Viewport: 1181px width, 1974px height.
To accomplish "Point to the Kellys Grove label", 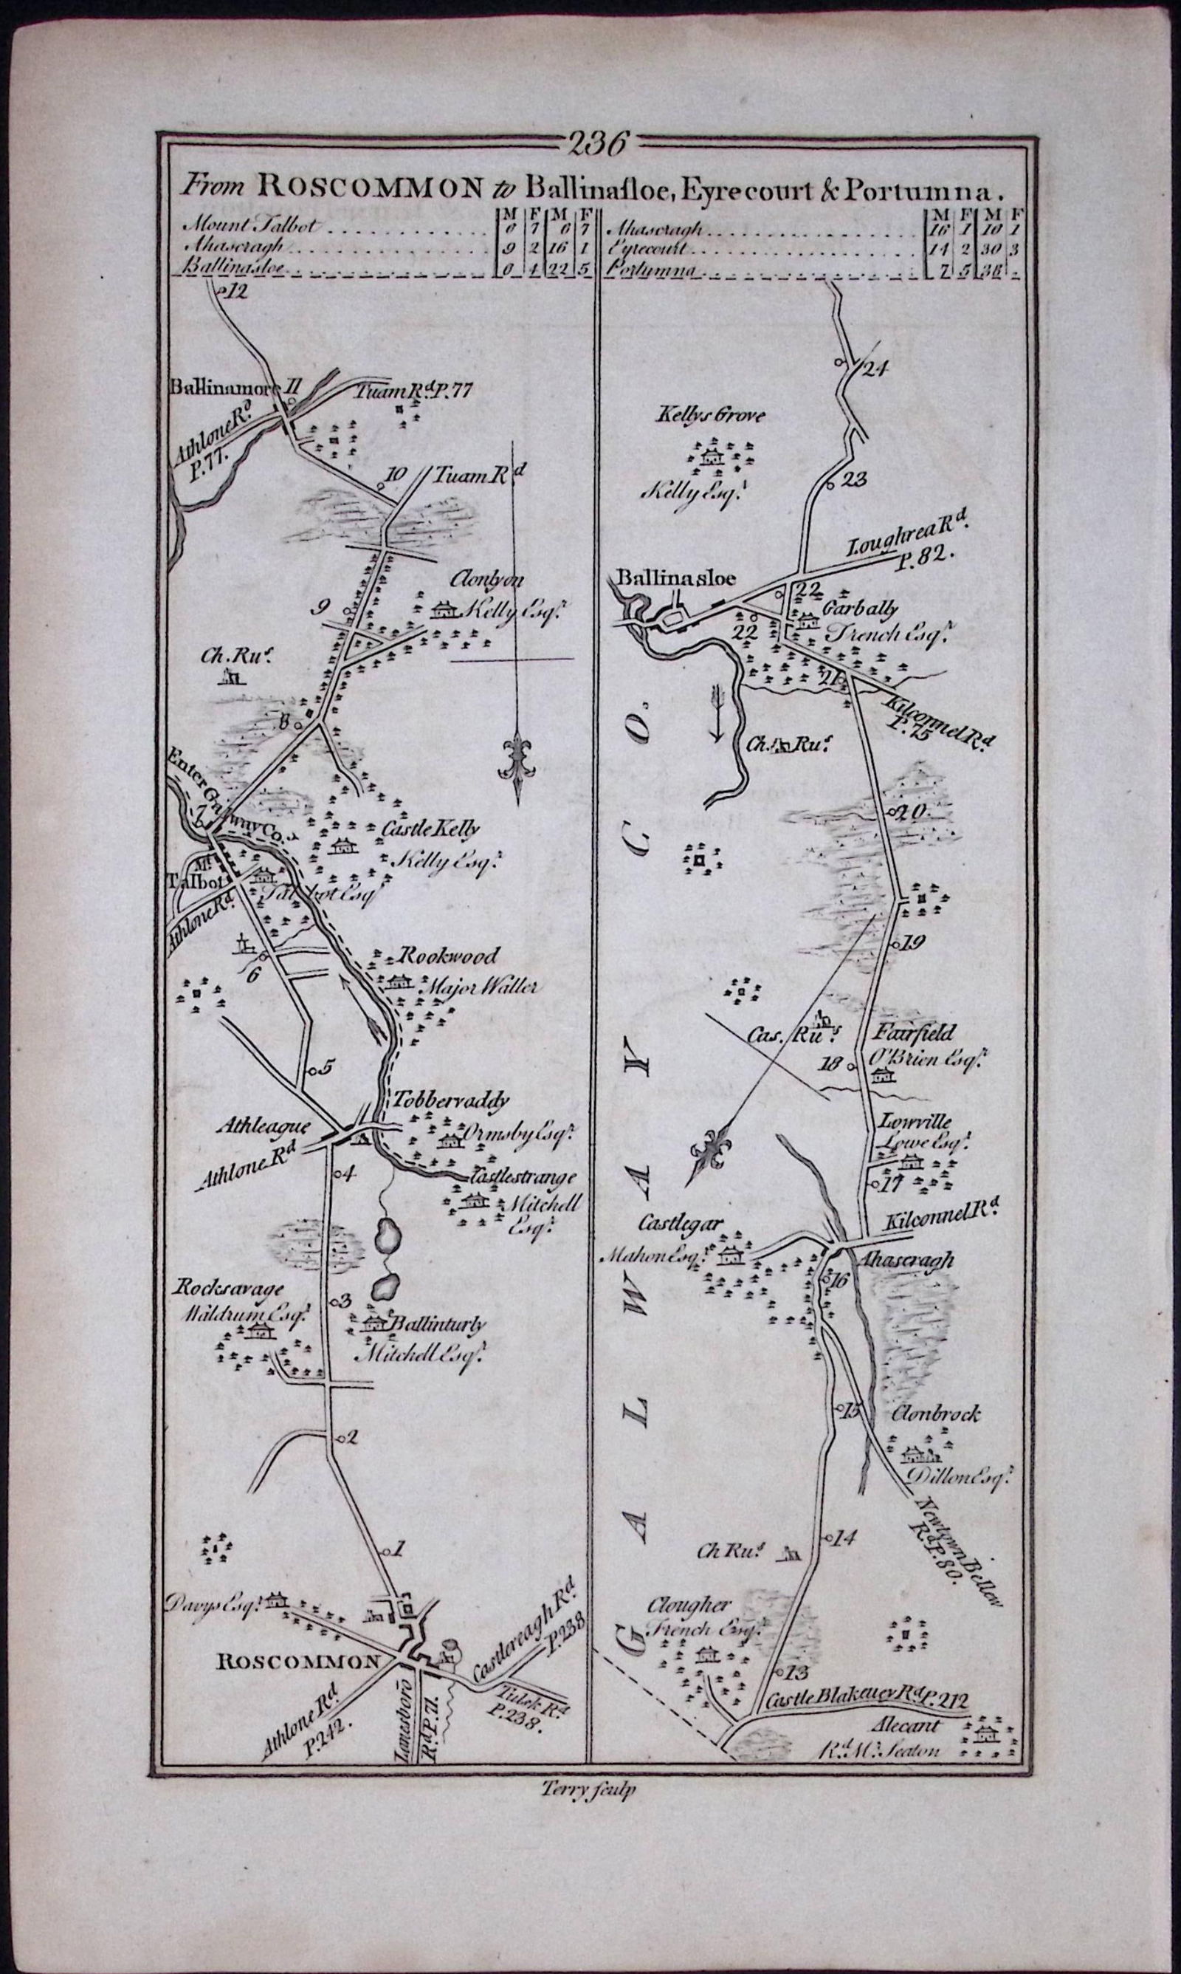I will [x=710, y=415].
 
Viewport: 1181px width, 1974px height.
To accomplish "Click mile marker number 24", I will [x=873, y=368].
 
